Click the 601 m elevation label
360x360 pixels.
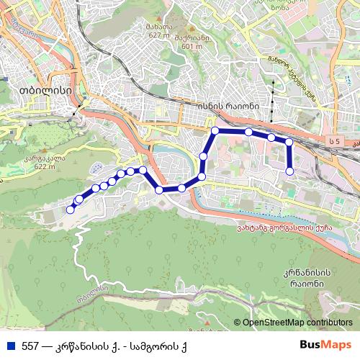click(x=194, y=46)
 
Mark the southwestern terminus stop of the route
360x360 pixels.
click(x=71, y=210)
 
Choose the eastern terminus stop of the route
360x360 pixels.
click(x=290, y=171)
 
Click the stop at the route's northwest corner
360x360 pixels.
click(x=215, y=131)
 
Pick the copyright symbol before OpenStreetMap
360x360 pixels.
click(x=237, y=323)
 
